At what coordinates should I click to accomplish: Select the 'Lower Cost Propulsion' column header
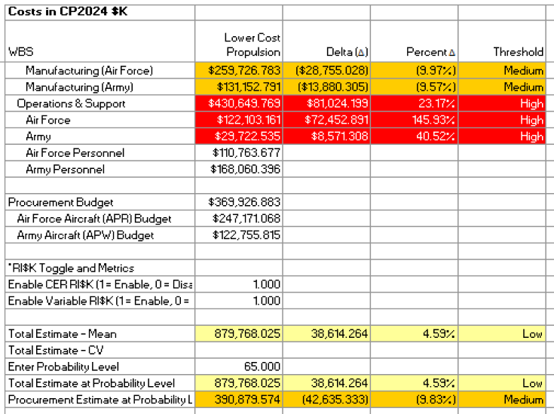(x=252, y=44)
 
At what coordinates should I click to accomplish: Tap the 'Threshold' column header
(x=518, y=52)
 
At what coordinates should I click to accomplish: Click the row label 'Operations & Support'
(x=71, y=103)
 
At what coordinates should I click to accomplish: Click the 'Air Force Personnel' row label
(x=75, y=153)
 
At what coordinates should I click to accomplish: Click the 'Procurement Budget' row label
(x=60, y=202)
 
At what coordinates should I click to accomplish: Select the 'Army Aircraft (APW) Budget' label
(x=85, y=235)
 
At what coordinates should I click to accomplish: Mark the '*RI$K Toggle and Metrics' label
(x=71, y=268)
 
